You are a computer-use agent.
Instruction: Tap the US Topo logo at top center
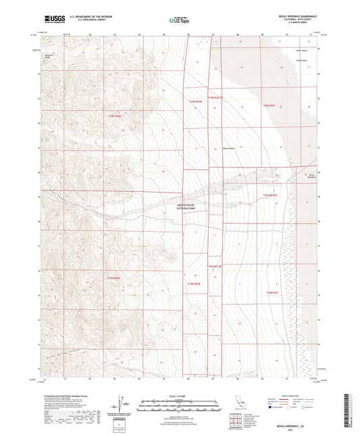tap(178, 20)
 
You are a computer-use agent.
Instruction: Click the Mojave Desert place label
tap(230, 149)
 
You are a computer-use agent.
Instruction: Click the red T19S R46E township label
tap(115, 278)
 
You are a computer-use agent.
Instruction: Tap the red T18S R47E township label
tap(194, 101)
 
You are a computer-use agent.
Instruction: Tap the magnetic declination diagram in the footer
tap(122, 404)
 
